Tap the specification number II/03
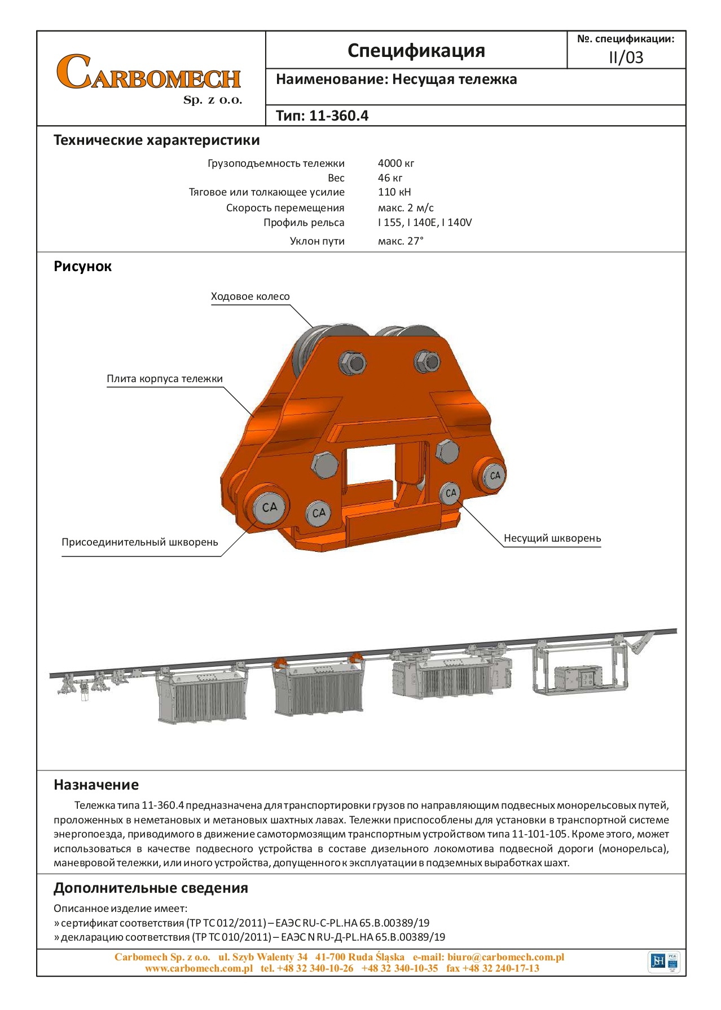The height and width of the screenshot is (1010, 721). pos(626,57)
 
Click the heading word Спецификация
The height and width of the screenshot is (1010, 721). pos(416,51)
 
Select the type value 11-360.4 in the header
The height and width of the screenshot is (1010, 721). pos(338,116)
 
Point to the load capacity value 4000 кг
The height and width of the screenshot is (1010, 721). pos(395,163)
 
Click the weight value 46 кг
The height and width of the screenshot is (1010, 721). pos(390,178)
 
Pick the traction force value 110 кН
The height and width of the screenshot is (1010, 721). pos(394,192)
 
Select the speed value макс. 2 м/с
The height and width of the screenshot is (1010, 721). pos(405,208)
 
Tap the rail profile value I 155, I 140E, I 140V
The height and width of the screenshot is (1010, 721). pos(424,223)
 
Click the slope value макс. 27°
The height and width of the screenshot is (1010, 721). pos(400,241)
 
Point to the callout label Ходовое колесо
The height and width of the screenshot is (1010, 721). pos(250,296)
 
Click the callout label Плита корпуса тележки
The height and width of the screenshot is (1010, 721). pos(165,379)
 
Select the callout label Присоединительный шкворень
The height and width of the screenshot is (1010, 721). pos(139,542)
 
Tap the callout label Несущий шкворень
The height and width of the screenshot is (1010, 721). pos(552,538)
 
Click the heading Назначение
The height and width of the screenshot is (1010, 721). pos(96,785)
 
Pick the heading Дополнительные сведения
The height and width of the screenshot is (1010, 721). pos(151,888)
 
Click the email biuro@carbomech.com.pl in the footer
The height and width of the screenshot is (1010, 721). pos(505,957)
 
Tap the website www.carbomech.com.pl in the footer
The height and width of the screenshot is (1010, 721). pos(199,968)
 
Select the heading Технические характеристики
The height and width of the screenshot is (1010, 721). pos(156,140)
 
